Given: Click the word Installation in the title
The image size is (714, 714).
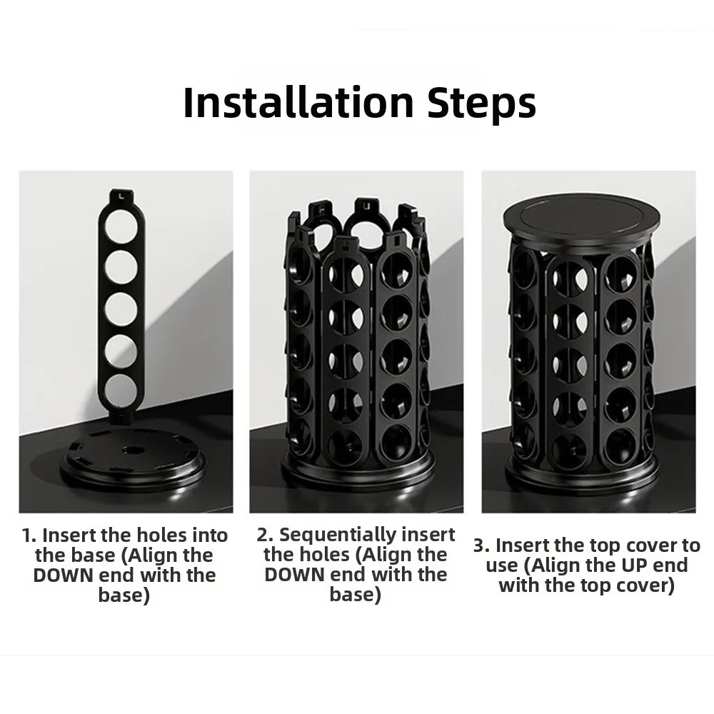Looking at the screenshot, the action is pos(298,102).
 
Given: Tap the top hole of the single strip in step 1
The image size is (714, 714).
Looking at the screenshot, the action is pos(121,226).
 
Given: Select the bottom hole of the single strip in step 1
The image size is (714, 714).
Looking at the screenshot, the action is pos(121,390).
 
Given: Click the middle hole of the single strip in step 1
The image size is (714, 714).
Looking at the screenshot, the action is pos(121,308).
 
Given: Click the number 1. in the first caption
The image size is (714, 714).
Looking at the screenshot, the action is pos(29,536).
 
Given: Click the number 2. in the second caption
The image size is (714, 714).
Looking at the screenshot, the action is pos(265,535).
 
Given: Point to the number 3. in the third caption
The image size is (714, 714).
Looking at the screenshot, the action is pos(481,545).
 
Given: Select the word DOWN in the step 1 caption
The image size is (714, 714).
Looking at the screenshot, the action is pos(63,575).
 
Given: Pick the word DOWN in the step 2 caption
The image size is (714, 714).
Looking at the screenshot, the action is pos(294,575).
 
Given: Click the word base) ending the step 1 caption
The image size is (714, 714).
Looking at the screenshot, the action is pos(124,595).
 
